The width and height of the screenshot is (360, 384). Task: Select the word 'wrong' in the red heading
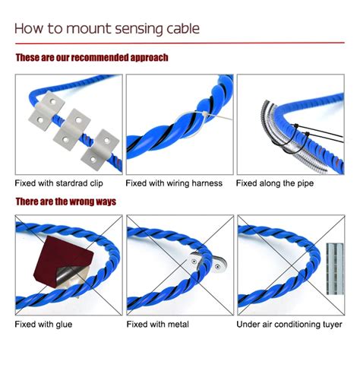click(81, 202)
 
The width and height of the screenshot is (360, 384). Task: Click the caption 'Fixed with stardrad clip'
click(58, 183)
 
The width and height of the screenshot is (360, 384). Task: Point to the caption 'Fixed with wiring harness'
click(174, 183)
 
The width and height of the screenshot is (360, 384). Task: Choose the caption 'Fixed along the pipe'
click(275, 183)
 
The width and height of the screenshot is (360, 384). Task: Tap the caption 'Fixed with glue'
click(43, 324)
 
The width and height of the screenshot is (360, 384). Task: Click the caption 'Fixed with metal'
click(157, 324)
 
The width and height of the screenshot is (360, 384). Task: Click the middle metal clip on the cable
click(71, 129)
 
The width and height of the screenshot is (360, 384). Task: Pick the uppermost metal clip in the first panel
click(46, 110)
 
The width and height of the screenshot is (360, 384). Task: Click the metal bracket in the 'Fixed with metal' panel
click(207, 263)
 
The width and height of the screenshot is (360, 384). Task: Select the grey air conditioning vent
click(335, 268)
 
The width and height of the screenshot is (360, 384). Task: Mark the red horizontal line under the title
click(180, 43)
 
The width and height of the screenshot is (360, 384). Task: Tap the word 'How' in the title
click(29, 28)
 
